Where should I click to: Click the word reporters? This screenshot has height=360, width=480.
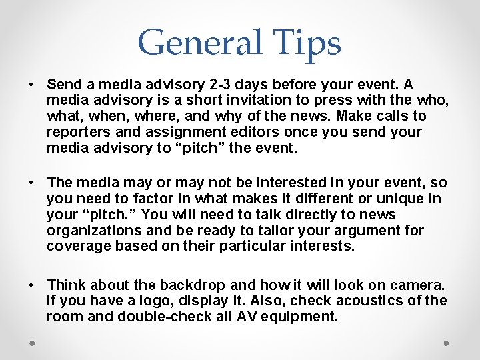pyautogui.click(x=77, y=132)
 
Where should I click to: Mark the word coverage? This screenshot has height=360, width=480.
pyautogui.click(x=75, y=247)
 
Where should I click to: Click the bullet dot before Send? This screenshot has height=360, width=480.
pyautogui.click(x=31, y=85)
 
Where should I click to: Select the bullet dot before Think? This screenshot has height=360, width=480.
pyautogui.click(x=31, y=285)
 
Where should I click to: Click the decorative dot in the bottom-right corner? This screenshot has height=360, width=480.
pyautogui.click(x=446, y=343)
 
